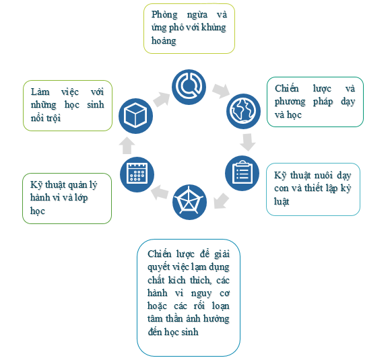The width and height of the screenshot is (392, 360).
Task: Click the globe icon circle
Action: tap(243, 111)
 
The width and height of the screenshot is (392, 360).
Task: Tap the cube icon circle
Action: tap(136, 116)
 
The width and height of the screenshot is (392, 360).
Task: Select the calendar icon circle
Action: tap(137, 174)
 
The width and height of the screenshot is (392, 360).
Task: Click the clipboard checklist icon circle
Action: tap(242, 173)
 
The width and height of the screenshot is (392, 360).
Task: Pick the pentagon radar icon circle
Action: tap(189, 202)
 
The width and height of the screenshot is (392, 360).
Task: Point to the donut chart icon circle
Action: tap(189, 87)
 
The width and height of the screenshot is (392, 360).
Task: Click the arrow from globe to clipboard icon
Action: tap(248, 142)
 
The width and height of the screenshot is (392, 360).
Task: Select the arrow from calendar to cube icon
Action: tap(127, 145)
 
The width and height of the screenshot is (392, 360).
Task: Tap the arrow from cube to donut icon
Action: tap(161, 99)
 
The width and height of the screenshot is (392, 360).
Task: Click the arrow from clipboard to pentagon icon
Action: tap(221, 201)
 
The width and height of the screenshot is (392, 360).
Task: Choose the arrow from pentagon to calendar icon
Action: tap(160, 192)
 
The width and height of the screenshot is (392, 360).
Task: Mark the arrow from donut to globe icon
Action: tap(221, 91)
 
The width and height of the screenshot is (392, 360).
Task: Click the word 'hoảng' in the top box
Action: tap(164, 41)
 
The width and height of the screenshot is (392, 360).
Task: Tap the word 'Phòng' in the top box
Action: tap(164, 15)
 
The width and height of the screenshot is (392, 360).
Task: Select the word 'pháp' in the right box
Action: tap(323, 102)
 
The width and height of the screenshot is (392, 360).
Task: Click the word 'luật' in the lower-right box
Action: tap(282, 201)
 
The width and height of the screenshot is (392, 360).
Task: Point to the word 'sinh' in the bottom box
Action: tap(189, 332)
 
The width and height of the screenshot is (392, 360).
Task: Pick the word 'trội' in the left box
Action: tap(53, 118)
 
